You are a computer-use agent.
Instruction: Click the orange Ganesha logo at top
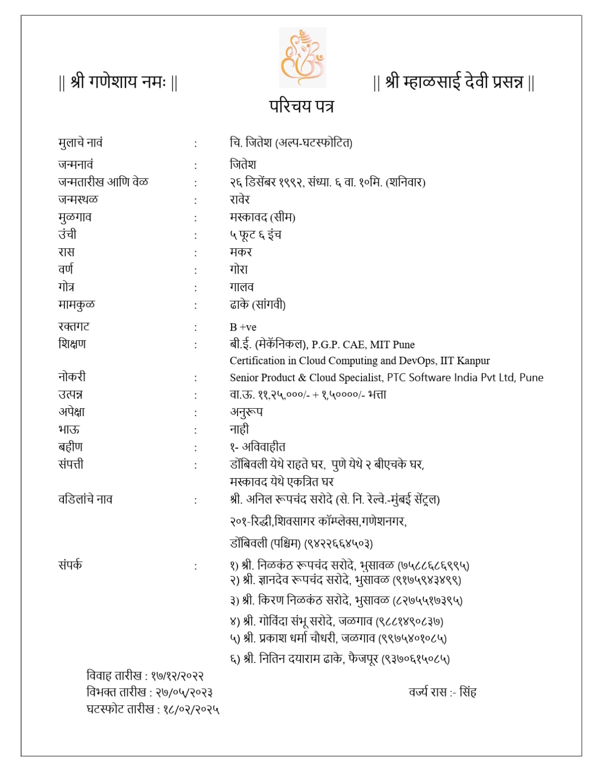coord(302,57)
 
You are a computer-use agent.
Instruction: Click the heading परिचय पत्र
coord(302,106)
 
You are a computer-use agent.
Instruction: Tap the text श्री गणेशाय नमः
coord(118,82)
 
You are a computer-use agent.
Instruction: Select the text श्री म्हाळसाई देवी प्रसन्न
coord(453,82)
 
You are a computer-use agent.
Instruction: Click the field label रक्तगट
coord(74,327)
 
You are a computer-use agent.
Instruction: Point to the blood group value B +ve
coord(243,327)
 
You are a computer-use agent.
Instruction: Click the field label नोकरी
coord(72,377)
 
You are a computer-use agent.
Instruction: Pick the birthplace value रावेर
coord(240,200)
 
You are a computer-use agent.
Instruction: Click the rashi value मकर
coord(241,252)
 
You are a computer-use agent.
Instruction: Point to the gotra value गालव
coord(242,287)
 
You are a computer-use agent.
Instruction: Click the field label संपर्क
coord(70,565)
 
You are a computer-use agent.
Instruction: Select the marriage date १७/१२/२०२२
coord(178,676)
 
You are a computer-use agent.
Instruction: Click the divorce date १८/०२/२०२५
coord(191,709)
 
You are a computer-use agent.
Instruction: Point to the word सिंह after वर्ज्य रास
coord(468,692)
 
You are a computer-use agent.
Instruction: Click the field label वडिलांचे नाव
coord(85,499)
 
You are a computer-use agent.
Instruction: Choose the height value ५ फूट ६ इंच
coord(255,235)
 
